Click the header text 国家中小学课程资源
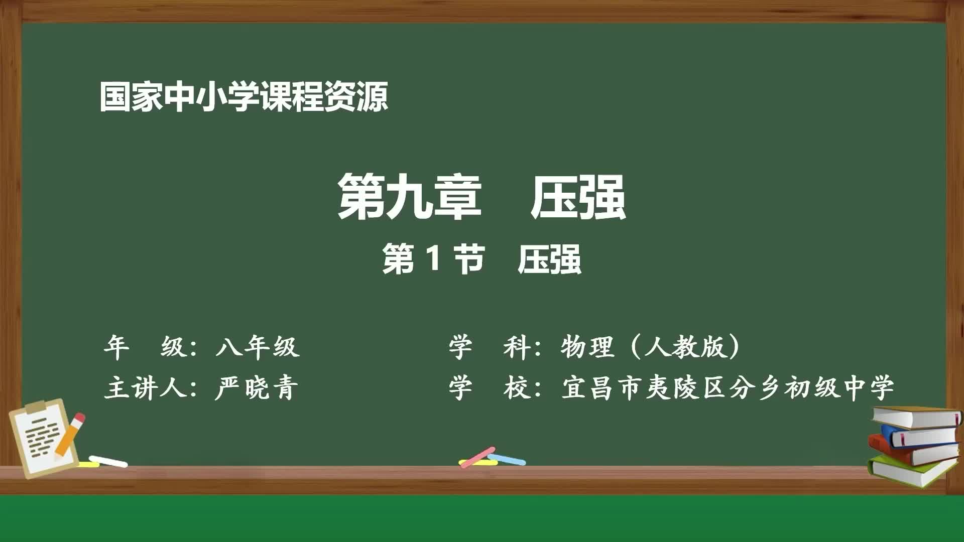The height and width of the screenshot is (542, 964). click(x=244, y=97)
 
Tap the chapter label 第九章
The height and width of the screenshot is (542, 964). click(x=409, y=197)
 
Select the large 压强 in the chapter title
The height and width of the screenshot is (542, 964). click(x=578, y=197)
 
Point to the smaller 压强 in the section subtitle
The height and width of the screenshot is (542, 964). click(x=549, y=259)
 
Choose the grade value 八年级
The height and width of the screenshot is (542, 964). click(x=258, y=347)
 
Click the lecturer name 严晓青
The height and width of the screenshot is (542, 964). click(x=257, y=388)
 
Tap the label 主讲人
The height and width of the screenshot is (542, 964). click(x=146, y=388)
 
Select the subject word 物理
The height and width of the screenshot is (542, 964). click(x=587, y=347)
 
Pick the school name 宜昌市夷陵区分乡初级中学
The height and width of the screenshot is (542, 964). click(x=728, y=388)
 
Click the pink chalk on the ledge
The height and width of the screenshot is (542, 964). click(x=477, y=457)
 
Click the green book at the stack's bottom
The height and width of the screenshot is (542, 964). click(x=909, y=472)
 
